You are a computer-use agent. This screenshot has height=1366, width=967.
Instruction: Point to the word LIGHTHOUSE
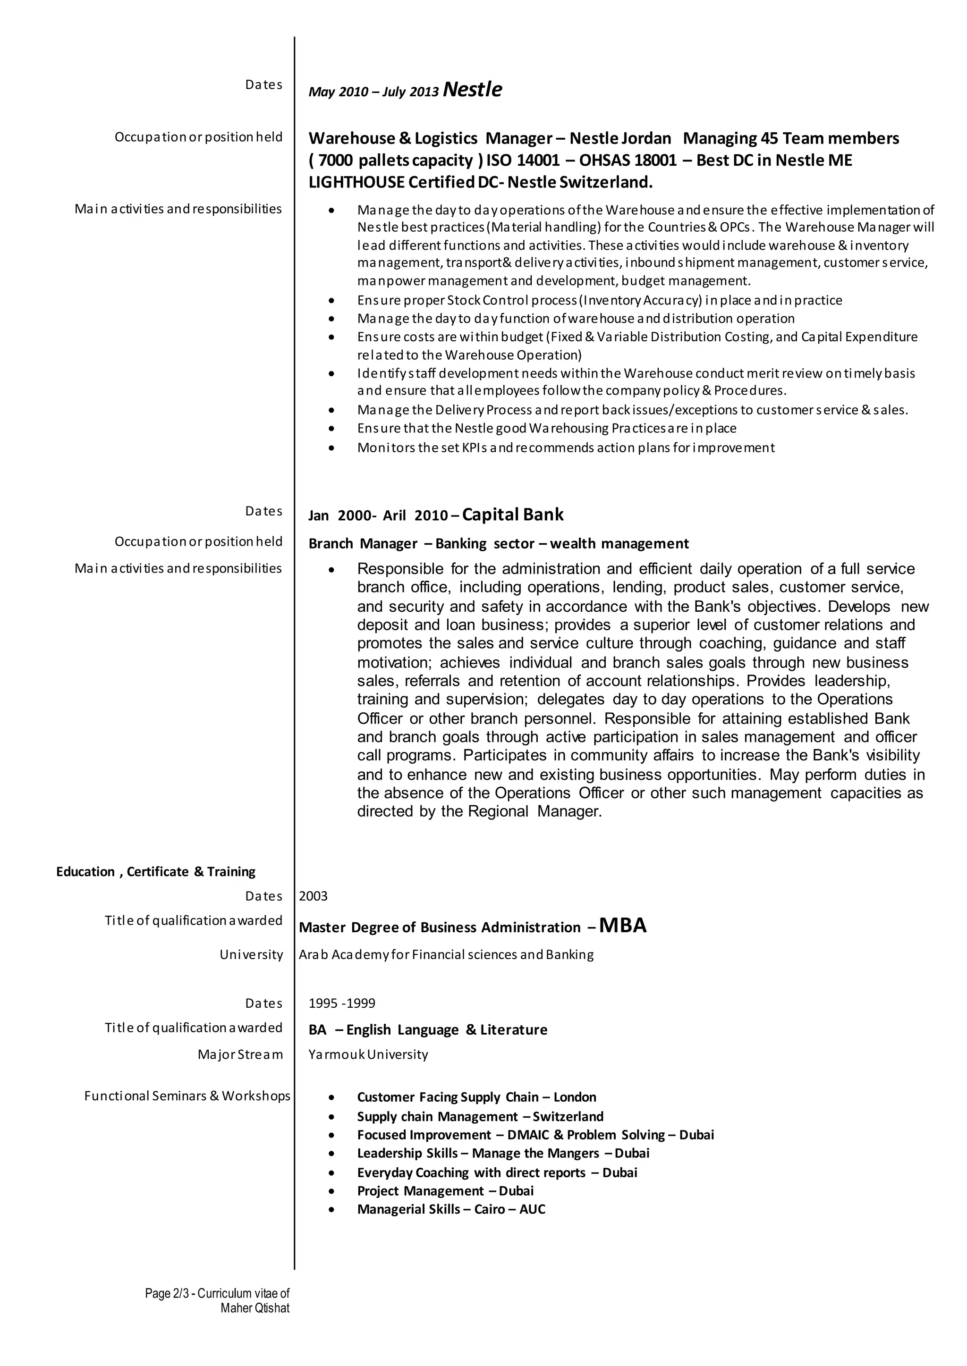[356, 182]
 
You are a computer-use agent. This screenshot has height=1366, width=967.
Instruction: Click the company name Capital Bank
[513, 514]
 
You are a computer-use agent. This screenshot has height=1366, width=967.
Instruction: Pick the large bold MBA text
[623, 925]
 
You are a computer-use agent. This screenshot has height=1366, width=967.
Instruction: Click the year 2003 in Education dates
[313, 896]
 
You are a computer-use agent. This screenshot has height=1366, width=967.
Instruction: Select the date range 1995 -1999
[342, 1003]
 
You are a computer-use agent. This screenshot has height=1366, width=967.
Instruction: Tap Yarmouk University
[368, 1054]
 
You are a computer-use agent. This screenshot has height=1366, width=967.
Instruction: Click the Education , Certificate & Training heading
[155, 871]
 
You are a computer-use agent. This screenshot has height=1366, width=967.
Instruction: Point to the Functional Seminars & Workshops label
[187, 1096]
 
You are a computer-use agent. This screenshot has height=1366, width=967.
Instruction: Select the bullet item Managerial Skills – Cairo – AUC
[451, 1209]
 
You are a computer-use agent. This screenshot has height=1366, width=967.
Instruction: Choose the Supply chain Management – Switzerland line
[480, 1117]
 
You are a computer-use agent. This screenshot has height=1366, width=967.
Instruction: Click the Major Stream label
[240, 1054]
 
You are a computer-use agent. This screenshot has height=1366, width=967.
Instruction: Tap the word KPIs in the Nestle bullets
[475, 447]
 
